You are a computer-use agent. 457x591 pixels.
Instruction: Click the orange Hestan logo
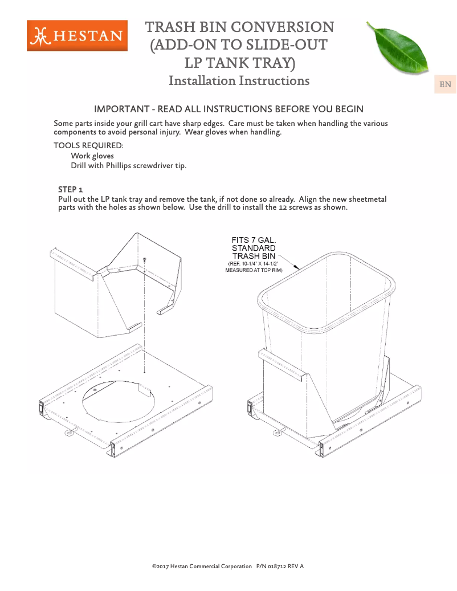point(77,35)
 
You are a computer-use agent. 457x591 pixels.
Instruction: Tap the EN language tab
point(445,85)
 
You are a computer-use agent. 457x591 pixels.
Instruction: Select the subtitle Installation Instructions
point(239,80)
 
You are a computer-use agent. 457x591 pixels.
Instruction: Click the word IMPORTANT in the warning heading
point(119,109)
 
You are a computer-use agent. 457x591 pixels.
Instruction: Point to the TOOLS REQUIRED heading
point(88,145)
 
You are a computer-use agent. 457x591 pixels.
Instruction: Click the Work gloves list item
point(92,156)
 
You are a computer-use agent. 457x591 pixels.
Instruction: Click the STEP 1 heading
point(71,189)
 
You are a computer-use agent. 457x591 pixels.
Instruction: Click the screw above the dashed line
point(145,259)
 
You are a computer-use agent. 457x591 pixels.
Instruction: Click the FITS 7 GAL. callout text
point(254,240)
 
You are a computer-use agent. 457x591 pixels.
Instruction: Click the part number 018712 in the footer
point(276,566)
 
